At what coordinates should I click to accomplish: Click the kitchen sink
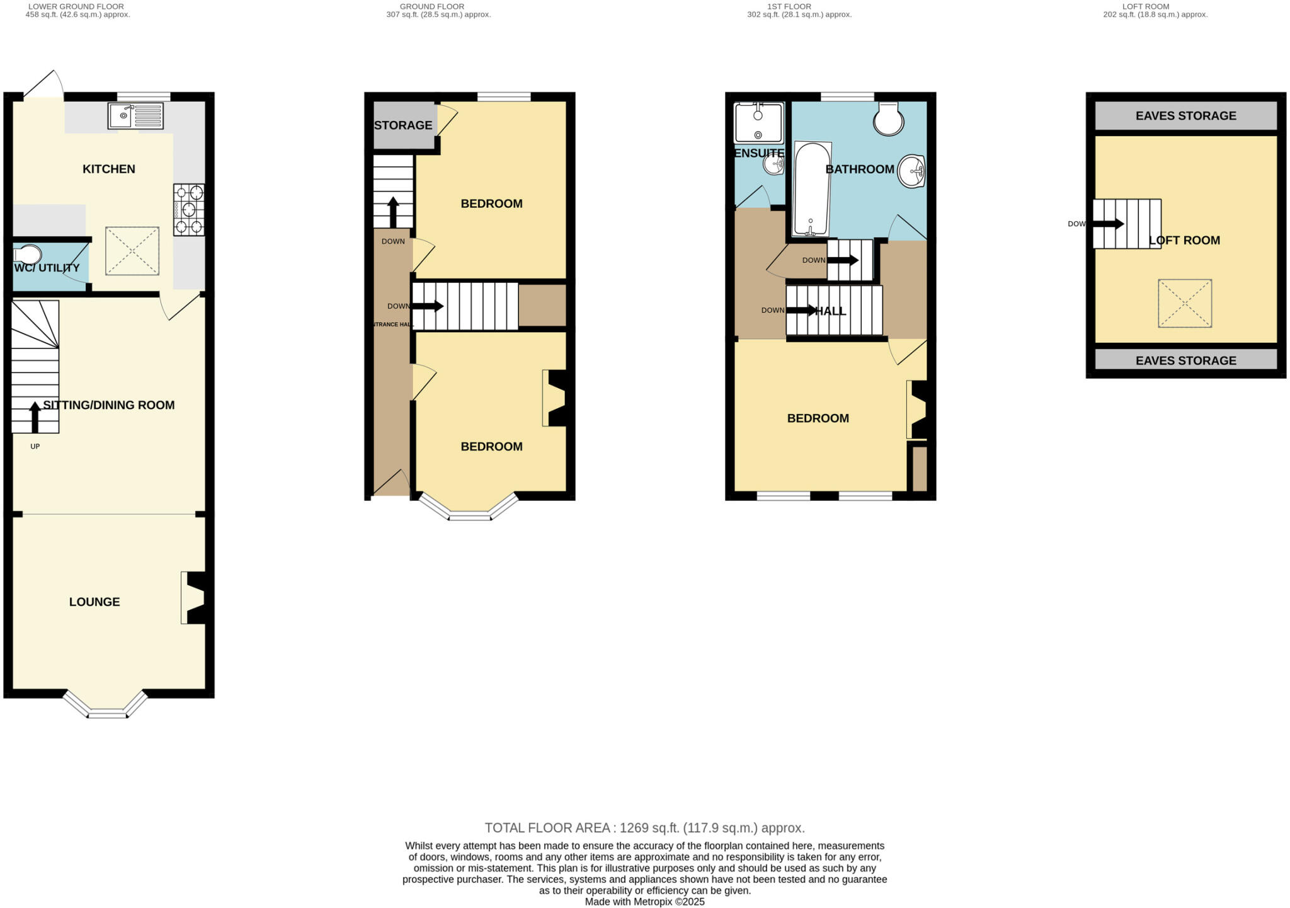pyautogui.click(x=135, y=116)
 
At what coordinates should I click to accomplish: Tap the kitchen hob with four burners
pyautogui.click(x=189, y=209)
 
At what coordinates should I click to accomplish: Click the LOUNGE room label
pyautogui.click(x=94, y=602)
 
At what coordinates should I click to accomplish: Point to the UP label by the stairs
pyautogui.click(x=35, y=447)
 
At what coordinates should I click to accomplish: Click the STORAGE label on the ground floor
pyautogui.click(x=403, y=125)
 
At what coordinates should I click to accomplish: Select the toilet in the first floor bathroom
pyautogui.click(x=888, y=118)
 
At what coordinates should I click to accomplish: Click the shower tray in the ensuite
pyautogui.click(x=758, y=122)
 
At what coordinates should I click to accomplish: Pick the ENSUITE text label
pyautogui.click(x=759, y=153)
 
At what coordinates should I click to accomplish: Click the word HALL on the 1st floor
pyautogui.click(x=831, y=311)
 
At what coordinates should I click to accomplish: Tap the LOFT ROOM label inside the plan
pyautogui.click(x=1184, y=240)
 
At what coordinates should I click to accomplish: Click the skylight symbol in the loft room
pyautogui.click(x=1184, y=303)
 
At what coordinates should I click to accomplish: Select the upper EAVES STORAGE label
pyautogui.click(x=1185, y=116)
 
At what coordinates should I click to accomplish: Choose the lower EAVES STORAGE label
pyautogui.click(x=1185, y=360)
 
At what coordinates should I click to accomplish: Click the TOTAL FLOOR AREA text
pyautogui.click(x=644, y=828)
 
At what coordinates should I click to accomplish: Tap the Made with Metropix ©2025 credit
pyautogui.click(x=644, y=902)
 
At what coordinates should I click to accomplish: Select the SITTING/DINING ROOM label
pyautogui.click(x=109, y=405)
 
